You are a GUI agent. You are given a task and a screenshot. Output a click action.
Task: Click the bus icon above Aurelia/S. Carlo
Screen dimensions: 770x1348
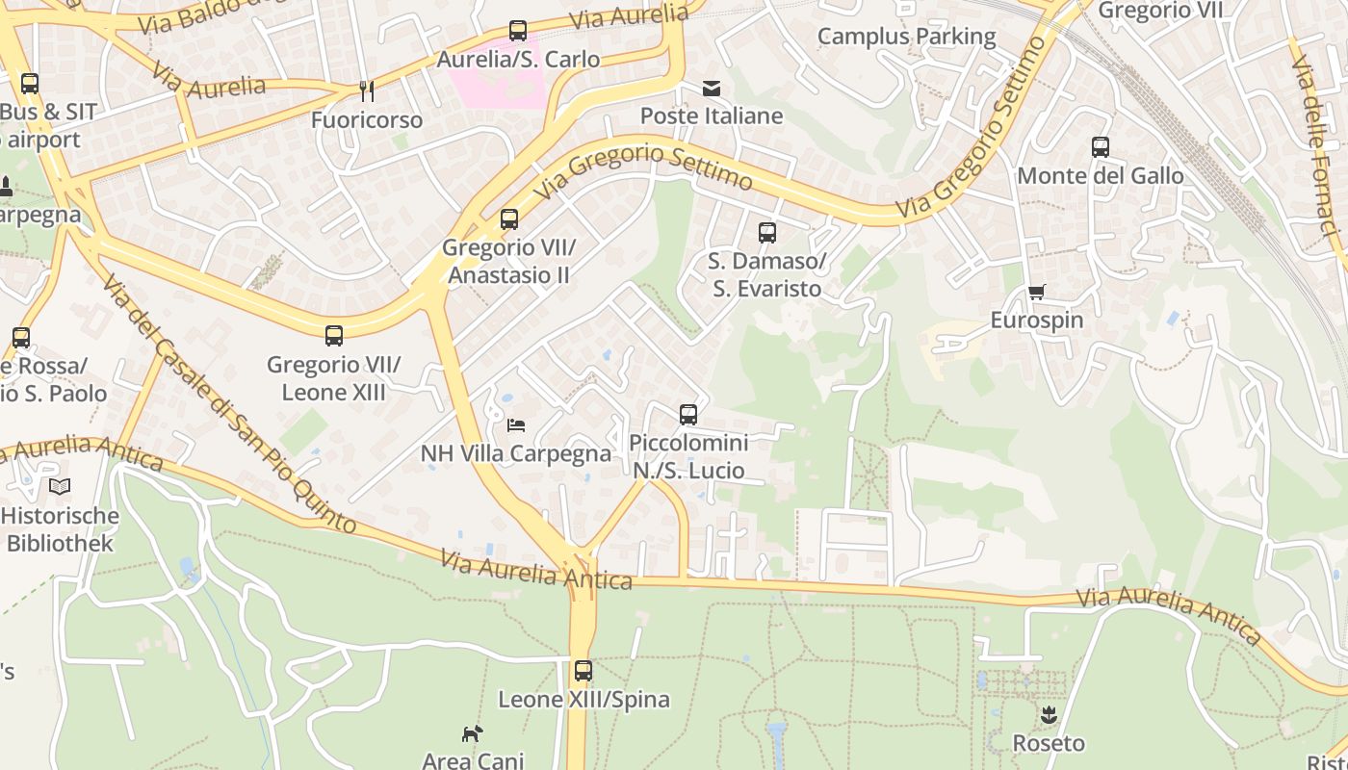(x=518, y=31)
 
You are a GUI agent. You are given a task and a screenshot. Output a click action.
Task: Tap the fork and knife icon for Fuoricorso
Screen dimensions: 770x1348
(x=366, y=91)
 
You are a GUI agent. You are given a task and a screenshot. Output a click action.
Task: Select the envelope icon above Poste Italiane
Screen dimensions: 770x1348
(x=711, y=89)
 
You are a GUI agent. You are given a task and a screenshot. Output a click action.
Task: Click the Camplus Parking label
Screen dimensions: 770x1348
(x=906, y=37)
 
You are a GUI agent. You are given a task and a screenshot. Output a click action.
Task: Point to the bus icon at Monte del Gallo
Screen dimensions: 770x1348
(x=1101, y=147)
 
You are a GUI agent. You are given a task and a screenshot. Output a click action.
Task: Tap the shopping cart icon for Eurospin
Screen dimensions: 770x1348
(x=1036, y=292)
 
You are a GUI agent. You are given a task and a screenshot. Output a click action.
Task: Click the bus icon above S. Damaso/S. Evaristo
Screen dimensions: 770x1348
(x=766, y=232)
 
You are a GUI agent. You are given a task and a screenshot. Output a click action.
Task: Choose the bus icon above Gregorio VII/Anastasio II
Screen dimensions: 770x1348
(x=508, y=219)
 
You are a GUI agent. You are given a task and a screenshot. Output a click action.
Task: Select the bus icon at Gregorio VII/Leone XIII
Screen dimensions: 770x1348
(x=333, y=336)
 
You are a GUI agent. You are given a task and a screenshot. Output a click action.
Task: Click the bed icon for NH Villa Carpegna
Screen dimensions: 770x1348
(x=516, y=424)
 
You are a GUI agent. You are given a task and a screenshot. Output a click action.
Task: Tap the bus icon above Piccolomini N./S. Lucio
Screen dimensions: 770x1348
(x=687, y=415)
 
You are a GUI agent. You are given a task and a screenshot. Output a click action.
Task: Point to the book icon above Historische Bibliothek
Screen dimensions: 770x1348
(x=60, y=487)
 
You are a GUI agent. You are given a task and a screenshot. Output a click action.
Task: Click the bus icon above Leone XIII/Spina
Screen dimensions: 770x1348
(x=583, y=671)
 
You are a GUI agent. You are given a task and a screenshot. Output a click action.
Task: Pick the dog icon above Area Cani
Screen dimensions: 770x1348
(x=472, y=734)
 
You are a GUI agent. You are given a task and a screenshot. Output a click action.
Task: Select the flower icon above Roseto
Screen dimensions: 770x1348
(x=1049, y=715)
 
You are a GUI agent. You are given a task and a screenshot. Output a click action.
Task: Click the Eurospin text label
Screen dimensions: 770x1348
(x=1036, y=320)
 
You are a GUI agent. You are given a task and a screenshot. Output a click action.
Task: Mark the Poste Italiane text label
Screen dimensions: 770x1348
(x=712, y=116)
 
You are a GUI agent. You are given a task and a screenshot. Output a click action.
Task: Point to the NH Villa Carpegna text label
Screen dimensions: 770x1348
(x=516, y=453)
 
